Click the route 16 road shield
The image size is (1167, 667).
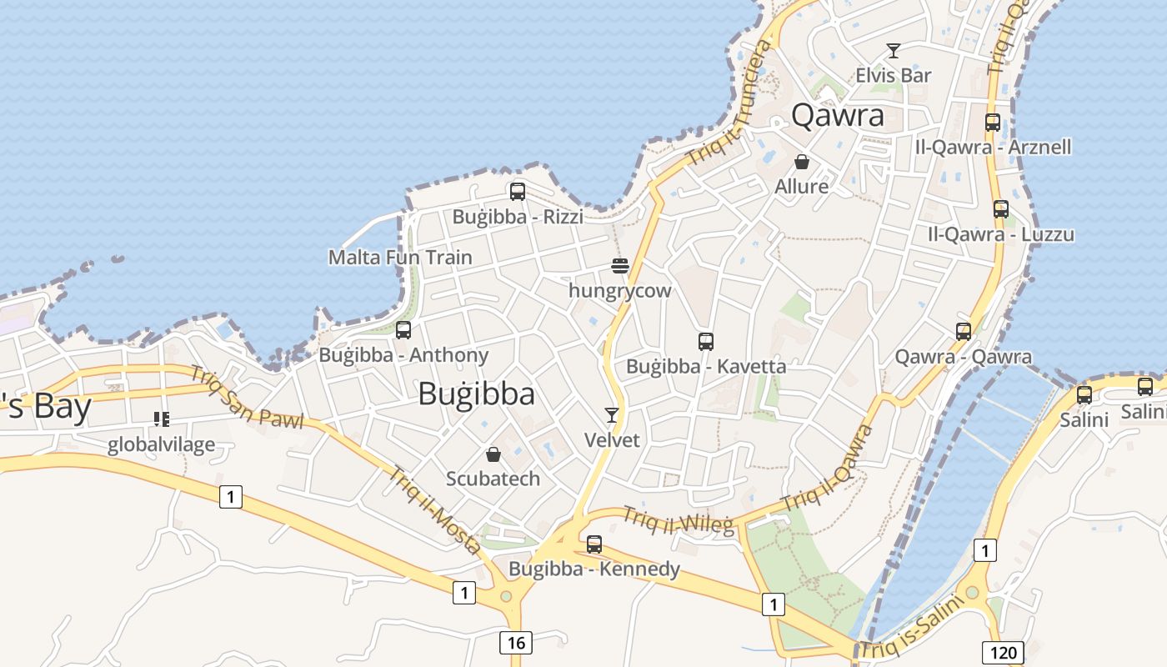(516, 642)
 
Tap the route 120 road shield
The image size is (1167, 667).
(1004, 652)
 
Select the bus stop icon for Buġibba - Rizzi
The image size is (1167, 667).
(518, 192)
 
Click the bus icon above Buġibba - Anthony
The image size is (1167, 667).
(403, 330)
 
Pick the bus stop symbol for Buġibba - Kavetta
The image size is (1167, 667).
(706, 341)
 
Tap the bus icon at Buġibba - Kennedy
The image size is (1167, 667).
(594, 544)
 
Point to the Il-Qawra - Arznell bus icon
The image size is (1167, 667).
(993, 122)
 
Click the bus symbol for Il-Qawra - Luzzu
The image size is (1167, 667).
(1001, 209)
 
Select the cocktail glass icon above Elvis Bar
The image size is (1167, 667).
(894, 51)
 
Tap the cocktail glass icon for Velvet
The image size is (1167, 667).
(612, 415)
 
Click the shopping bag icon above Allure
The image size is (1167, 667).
(802, 162)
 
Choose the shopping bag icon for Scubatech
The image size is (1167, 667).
(493, 454)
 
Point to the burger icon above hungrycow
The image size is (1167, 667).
(619, 266)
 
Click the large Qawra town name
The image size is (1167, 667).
(838, 115)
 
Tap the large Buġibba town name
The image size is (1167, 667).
(476, 394)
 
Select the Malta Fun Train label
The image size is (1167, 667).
(400, 257)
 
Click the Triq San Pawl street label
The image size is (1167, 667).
(247, 399)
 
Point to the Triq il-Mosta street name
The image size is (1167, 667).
(434, 509)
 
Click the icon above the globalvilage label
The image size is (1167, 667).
(162, 419)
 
